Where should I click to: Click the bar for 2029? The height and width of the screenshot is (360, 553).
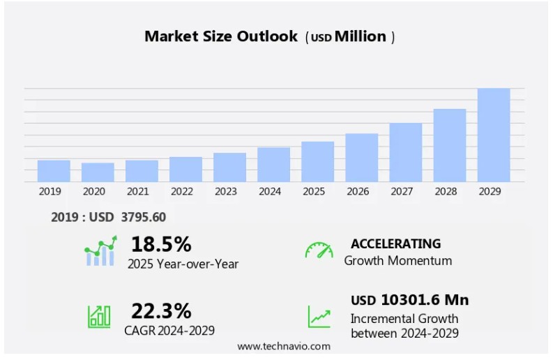click(494, 135)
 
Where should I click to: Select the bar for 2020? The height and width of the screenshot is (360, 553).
click(98, 172)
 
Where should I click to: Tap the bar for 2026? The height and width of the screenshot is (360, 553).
click(362, 158)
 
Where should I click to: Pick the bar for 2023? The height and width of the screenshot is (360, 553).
click(229, 167)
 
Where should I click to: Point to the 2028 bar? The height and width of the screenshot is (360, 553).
click(450, 145)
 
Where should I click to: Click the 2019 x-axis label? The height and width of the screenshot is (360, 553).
click(50, 191)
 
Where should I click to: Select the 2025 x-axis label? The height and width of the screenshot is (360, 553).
click(314, 191)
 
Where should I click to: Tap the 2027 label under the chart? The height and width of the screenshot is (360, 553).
click(402, 191)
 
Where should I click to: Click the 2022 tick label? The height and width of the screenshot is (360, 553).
click(182, 191)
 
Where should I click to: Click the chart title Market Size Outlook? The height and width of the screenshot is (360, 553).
click(221, 36)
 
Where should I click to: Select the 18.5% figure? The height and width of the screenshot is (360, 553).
click(161, 244)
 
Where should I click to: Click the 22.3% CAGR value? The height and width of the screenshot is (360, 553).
click(161, 310)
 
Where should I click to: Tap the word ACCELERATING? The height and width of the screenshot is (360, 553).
click(395, 243)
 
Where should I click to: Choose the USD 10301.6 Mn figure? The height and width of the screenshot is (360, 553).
click(409, 300)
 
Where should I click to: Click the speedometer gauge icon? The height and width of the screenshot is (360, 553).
click(319, 250)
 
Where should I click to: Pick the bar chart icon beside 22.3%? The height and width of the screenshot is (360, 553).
click(99, 316)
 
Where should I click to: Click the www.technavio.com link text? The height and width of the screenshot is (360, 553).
click(284, 346)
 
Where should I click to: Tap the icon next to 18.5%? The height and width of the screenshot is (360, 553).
click(100, 252)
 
